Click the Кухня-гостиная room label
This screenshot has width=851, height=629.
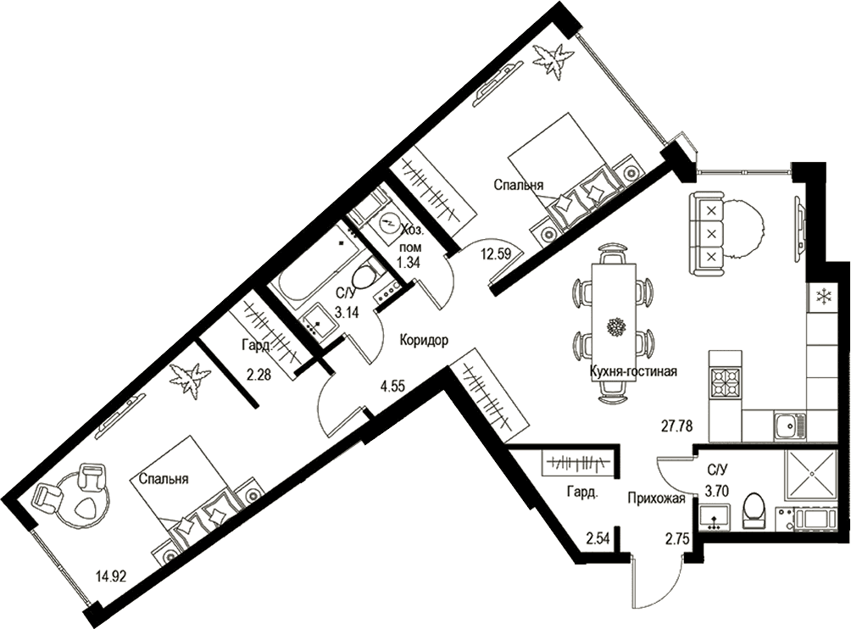[x=633, y=372]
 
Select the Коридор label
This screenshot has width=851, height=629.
[x=424, y=340]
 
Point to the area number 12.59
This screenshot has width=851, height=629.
[x=497, y=254]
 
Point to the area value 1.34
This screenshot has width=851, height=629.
[x=409, y=264]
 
